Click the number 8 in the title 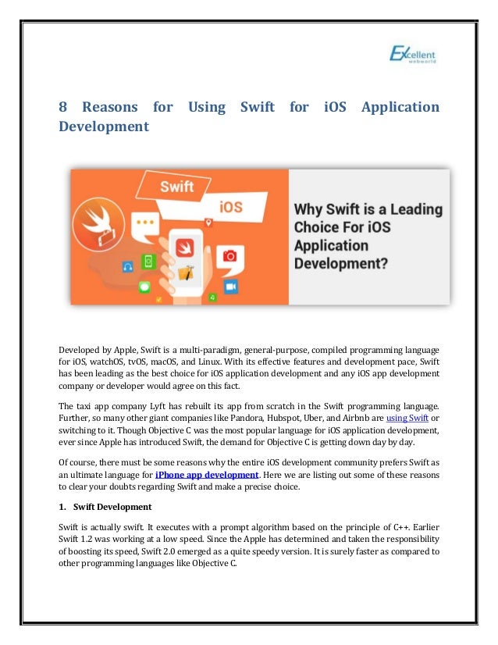(x=63, y=107)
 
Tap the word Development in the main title (x=104, y=126)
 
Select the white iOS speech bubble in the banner (x=230, y=208)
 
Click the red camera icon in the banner (x=229, y=255)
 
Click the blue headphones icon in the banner (x=128, y=266)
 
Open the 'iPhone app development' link (x=207, y=474)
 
